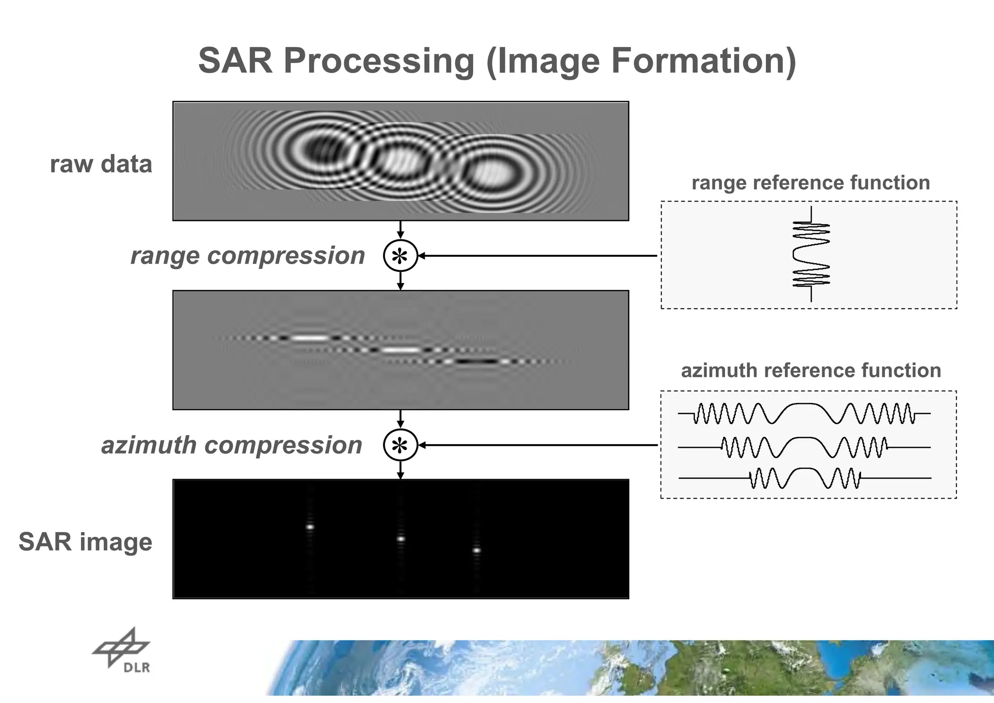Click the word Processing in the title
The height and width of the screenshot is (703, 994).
(x=379, y=61)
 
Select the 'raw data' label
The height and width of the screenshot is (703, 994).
(x=101, y=164)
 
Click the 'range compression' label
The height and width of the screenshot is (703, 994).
(x=248, y=256)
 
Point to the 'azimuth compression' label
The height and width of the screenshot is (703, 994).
(x=232, y=445)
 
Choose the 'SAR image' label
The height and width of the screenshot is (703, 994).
(x=85, y=542)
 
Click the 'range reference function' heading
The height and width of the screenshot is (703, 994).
(x=811, y=183)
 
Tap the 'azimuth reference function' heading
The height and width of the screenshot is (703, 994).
(x=811, y=371)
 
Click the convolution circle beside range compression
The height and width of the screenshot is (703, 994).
(x=400, y=256)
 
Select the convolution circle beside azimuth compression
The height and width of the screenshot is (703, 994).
(x=400, y=445)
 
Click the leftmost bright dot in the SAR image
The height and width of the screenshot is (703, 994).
(x=310, y=527)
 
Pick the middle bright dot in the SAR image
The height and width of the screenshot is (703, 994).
(x=400, y=538)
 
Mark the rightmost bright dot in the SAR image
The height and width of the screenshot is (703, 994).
(x=477, y=550)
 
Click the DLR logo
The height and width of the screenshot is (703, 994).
(x=122, y=651)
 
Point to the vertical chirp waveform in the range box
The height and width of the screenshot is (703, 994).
(x=811, y=254)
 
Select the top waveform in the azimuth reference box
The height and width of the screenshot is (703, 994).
(x=804, y=413)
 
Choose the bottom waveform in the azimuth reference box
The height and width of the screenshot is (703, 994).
(x=805, y=478)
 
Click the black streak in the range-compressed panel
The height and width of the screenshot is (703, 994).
(x=477, y=361)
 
